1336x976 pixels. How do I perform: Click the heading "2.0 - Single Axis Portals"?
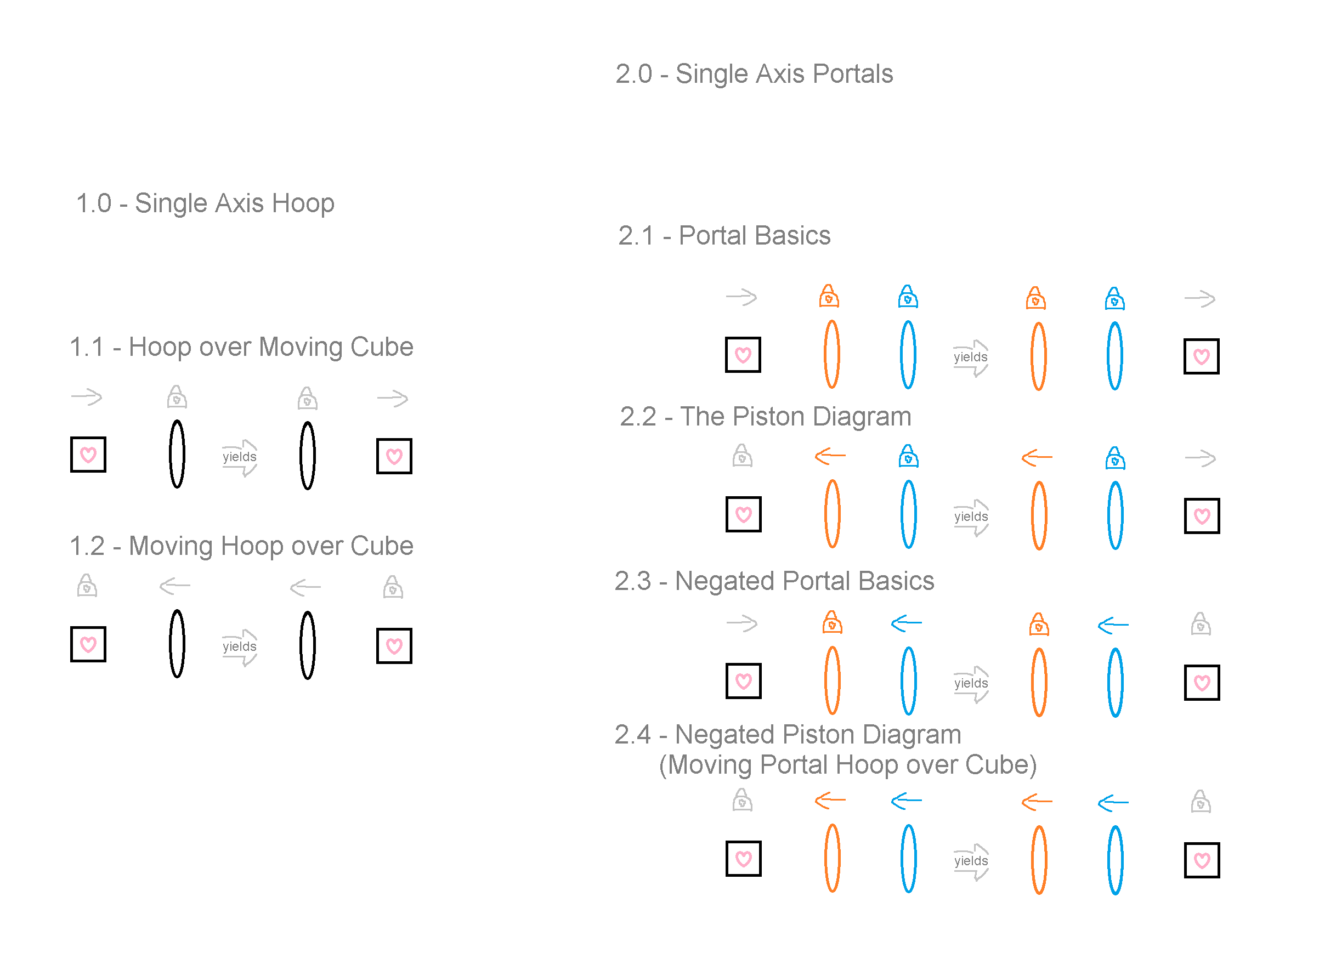pos(754,75)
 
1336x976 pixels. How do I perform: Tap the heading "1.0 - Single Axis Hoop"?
pos(205,204)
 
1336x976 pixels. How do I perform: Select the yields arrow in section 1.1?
pos(240,458)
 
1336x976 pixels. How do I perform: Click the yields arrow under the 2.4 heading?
pos(971,862)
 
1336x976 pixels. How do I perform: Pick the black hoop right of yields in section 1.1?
pos(308,456)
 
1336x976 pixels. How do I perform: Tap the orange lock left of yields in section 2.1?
pos(830,297)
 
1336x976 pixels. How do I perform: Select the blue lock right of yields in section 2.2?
pos(1116,458)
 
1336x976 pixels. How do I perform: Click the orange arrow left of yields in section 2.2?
pos(830,456)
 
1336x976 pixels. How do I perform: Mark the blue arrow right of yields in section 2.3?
pos(1113,625)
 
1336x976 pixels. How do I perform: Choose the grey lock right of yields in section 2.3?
pos(1201,624)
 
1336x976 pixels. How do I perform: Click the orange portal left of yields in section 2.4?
pos(833,859)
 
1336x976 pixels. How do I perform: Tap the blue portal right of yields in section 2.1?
pos(1115,356)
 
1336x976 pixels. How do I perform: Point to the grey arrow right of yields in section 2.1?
pos(1200,299)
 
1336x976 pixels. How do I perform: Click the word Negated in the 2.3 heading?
pos(725,581)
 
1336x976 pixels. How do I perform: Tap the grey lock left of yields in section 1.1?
pos(177,398)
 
